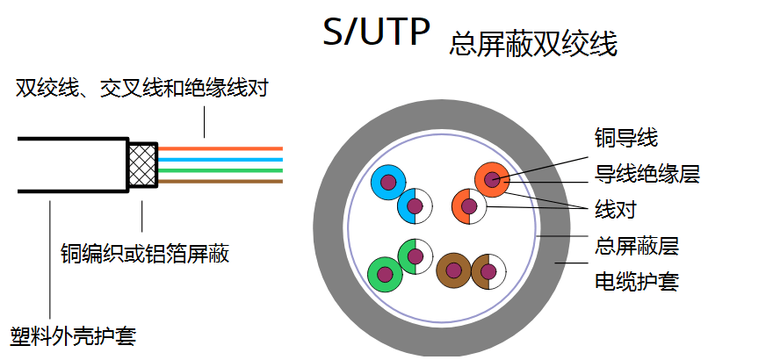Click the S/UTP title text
click(377, 32)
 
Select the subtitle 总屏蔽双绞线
click(532, 44)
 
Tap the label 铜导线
click(625, 138)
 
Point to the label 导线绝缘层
click(647, 173)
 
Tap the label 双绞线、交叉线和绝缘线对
click(141, 88)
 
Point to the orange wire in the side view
click(220, 148)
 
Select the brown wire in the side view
click(220, 181)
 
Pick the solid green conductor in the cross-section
click(385, 273)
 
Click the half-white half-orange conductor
click(468, 207)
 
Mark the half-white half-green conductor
click(414, 256)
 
